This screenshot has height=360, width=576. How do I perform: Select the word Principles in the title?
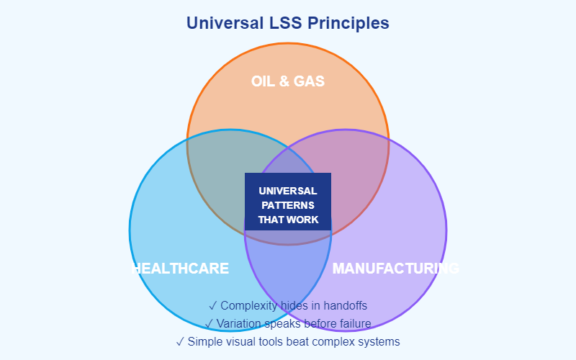348,23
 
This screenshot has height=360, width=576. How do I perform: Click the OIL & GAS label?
288,81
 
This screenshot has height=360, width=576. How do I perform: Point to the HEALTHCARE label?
181,269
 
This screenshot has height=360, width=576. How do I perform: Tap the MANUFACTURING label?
395,269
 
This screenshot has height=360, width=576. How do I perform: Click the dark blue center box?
288,202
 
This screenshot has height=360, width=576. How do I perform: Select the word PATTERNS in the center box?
288,205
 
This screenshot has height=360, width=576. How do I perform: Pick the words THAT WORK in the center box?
288,220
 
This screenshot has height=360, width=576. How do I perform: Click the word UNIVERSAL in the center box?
288,191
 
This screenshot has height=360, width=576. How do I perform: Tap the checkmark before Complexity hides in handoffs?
212,306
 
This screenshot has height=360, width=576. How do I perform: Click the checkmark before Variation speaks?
209,323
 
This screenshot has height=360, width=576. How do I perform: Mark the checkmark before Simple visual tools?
179,341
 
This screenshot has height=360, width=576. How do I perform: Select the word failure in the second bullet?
353,323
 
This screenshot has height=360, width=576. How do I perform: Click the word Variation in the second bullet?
241,323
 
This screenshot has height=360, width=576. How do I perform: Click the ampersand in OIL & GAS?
288,81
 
